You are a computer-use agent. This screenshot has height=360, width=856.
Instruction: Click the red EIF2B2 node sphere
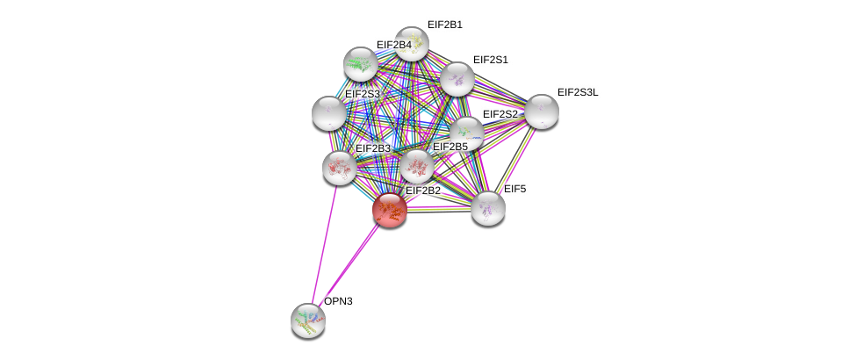pos(390,211)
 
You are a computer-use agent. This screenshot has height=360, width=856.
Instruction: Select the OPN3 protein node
pos(308,320)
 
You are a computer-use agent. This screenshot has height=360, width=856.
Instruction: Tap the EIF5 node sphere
pos(488,208)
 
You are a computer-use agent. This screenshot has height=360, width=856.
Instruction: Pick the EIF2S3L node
pos(542,112)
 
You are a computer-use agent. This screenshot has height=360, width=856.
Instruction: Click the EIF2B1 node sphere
pos(412,44)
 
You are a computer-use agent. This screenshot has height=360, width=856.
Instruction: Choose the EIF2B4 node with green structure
pos(360,64)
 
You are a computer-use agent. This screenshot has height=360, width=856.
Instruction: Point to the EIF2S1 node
pos(457,79)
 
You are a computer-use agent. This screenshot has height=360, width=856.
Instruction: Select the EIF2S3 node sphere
pos(328,113)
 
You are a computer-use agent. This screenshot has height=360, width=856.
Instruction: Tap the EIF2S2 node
pos(467,133)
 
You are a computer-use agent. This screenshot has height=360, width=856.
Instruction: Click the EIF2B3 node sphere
pos(340,168)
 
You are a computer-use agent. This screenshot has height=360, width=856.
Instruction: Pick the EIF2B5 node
pos(417,167)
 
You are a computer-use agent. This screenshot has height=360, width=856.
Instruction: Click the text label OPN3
pos(339,301)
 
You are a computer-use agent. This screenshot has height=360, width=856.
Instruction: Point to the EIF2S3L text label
pos(578,92)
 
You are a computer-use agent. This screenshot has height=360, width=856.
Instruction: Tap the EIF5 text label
pos(514,189)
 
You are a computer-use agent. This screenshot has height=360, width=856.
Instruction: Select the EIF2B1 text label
pos(445,25)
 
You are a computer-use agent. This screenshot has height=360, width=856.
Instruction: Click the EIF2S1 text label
pos(491,60)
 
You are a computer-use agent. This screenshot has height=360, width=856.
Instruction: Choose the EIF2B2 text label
pos(423,191)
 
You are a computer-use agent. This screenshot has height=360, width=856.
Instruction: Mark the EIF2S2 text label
pos(500,114)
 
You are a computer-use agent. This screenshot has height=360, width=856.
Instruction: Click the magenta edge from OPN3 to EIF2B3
pos(325,244)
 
